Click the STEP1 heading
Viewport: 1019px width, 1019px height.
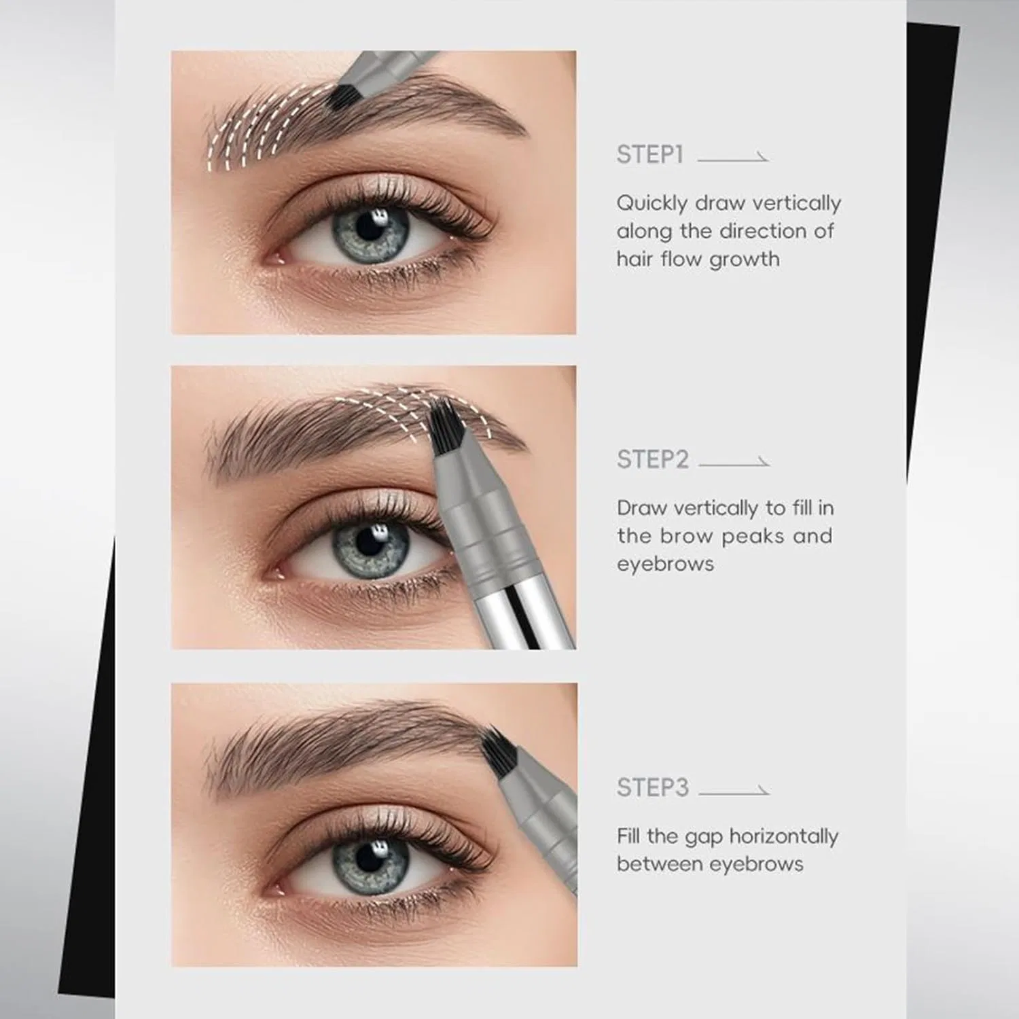(x=649, y=155)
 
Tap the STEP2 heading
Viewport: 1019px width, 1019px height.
(x=652, y=460)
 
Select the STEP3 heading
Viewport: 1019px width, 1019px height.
(x=652, y=788)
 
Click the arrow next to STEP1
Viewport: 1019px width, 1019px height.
(x=733, y=158)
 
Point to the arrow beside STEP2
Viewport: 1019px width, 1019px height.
(x=734, y=463)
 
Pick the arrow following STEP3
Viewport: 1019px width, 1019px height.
(x=734, y=791)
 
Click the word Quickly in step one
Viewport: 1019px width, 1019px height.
(x=651, y=204)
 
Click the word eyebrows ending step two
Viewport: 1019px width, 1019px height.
(x=665, y=565)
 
